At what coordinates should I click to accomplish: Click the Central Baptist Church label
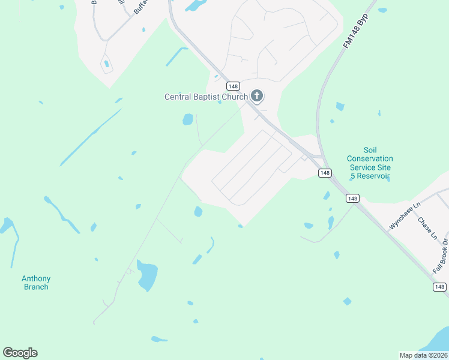coord(206,97)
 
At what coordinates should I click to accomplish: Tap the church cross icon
coord(257,95)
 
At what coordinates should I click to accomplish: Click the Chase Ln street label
coord(428,228)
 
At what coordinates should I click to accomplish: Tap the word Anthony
coord(36,278)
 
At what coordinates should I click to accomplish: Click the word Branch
coord(36,287)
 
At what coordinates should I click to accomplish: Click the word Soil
coord(370,149)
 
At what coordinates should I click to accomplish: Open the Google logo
coord(20,353)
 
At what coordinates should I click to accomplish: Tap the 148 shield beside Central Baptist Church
coord(234,86)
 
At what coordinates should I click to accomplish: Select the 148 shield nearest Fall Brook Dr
coord(439,287)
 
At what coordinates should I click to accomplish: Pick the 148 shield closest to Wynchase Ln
coord(352,199)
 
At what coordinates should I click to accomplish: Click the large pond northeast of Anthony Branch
coord(147,275)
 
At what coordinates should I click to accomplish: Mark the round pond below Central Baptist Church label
coord(188,119)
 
